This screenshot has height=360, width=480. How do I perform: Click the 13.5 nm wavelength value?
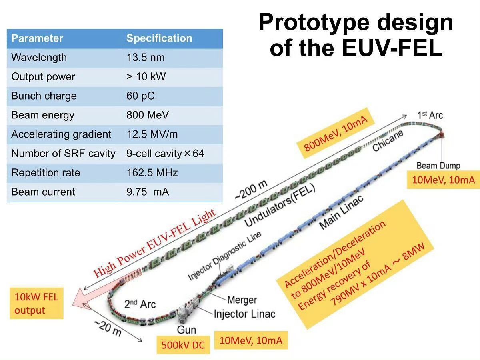[146, 58]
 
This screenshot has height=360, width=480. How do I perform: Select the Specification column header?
[160, 38]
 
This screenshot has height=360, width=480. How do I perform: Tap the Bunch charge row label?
[44, 96]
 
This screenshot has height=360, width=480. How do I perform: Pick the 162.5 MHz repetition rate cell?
[152, 172]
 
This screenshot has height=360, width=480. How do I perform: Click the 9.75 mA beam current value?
[148, 192]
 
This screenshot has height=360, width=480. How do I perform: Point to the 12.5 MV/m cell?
[152, 134]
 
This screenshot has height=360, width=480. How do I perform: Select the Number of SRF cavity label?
[63, 153]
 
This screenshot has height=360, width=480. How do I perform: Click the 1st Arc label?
[430, 115]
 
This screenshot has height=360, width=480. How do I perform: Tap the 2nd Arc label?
[140, 304]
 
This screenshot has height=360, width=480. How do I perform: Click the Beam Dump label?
[438, 166]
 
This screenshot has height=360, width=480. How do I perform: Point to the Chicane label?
[388, 140]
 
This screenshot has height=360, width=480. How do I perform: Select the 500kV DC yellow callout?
[183, 345]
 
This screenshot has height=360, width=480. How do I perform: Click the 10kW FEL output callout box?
[36, 303]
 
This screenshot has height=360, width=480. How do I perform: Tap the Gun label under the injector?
[186, 330]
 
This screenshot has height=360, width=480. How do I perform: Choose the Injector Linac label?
[244, 314]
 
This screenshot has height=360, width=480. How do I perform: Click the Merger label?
[242, 300]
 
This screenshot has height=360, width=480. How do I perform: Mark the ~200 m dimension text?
[251, 190]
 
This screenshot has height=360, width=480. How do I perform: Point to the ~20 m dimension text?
[108, 328]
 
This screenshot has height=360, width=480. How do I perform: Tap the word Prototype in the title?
[314, 23]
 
